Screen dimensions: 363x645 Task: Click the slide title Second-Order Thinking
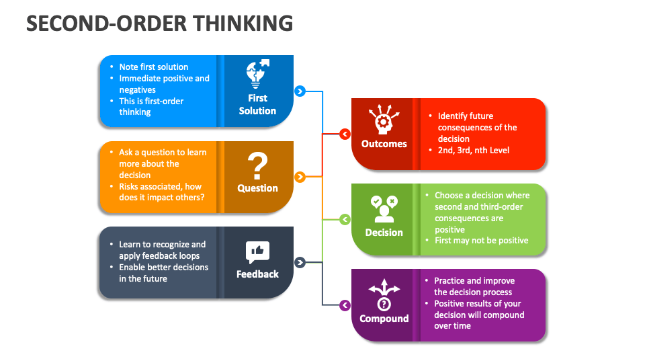coord(159,23)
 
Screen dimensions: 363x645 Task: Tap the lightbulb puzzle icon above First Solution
coord(257,74)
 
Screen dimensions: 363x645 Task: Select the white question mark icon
coord(257,165)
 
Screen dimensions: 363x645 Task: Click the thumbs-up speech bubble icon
coord(257,251)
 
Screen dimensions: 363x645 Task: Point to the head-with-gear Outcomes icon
coord(384,120)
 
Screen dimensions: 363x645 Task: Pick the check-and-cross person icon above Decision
coord(384,208)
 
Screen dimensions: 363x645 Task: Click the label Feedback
coord(257,274)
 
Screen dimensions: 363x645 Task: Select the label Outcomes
coord(384,144)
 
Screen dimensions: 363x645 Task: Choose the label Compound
coord(384,319)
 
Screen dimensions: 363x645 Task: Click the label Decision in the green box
coord(384,233)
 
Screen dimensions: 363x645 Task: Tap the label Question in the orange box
coord(257,188)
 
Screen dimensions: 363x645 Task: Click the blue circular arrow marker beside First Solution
coord(300,91)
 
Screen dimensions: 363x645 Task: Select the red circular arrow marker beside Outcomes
coord(345,134)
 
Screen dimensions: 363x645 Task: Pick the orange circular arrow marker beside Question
coord(300,177)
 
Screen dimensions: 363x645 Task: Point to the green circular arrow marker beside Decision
coord(345,219)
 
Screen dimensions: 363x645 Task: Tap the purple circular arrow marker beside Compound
coord(345,305)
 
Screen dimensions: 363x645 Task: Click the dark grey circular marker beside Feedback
coord(300,262)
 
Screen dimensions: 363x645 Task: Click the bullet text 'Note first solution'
coord(153,67)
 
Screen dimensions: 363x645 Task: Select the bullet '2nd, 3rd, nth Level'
coord(473,150)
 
